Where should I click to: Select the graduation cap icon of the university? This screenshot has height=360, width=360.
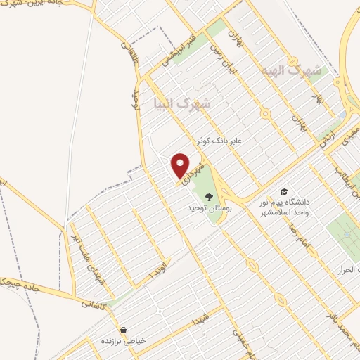284,191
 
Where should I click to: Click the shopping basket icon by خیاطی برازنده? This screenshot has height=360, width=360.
124,329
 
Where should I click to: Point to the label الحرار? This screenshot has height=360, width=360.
348,270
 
